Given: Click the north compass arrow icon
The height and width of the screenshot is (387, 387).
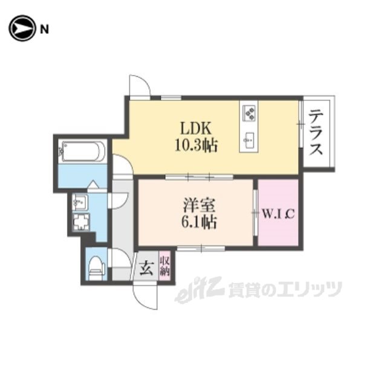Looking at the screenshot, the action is (x=22, y=28).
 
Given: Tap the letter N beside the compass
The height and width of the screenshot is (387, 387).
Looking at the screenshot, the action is (x=44, y=29).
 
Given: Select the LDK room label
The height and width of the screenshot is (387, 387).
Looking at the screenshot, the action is (x=196, y=128).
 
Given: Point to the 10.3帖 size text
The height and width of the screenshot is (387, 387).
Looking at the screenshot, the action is (x=196, y=145).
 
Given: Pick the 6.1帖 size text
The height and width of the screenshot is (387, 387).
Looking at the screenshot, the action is (x=199, y=222).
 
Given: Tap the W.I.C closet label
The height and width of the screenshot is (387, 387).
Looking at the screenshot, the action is (x=278, y=214).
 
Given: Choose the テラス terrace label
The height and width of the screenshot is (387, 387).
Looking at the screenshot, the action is (x=316, y=133).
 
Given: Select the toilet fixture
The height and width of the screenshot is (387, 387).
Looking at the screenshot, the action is (x=97, y=268).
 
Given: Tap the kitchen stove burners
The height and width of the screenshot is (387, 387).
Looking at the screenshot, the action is (x=249, y=113).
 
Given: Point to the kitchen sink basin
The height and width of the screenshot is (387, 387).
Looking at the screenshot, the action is (x=249, y=140).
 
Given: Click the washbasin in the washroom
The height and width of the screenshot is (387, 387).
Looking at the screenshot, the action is (x=79, y=202).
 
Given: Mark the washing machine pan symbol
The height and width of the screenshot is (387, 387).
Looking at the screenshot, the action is (x=81, y=222).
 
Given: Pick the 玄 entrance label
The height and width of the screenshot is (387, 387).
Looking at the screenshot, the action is (x=146, y=268).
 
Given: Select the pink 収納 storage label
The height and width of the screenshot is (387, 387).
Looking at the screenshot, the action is (x=164, y=266).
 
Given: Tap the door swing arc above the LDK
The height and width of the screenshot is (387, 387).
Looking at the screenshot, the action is (x=143, y=83).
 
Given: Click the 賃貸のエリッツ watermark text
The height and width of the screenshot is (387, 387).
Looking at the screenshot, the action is (x=285, y=289).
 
